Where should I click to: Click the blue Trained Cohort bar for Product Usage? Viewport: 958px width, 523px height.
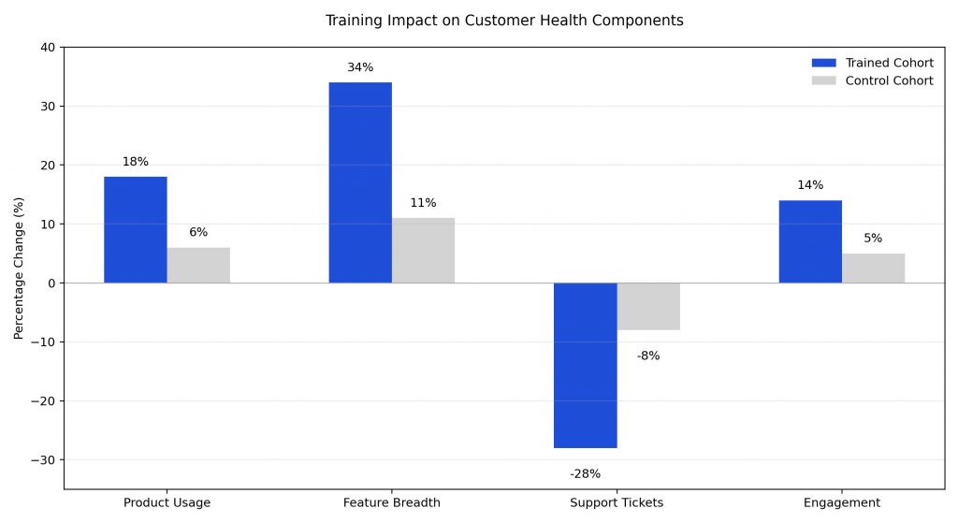[136, 229]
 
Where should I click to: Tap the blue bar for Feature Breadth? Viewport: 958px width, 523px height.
[360, 182]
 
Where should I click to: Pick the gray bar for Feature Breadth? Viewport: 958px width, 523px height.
[423, 250]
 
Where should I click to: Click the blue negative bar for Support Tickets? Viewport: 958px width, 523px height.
[585, 365]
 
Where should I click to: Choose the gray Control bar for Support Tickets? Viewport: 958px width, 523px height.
[648, 306]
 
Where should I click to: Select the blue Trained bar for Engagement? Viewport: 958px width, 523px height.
[810, 241]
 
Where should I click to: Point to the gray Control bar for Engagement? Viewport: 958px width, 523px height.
[873, 268]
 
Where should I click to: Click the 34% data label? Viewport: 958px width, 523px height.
[360, 67]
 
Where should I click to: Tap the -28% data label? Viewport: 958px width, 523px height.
[585, 474]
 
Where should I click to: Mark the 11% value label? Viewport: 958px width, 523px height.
[423, 203]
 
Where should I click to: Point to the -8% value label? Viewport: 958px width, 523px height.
[648, 356]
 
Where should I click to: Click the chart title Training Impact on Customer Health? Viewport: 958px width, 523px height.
[504, 20]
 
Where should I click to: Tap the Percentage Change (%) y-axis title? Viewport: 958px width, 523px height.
[19, 268]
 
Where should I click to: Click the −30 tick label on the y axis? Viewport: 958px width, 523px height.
[43, 459]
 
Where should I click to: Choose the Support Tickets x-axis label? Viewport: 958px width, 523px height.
[617, 502]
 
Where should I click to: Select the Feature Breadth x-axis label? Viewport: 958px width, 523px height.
[391, 502]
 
